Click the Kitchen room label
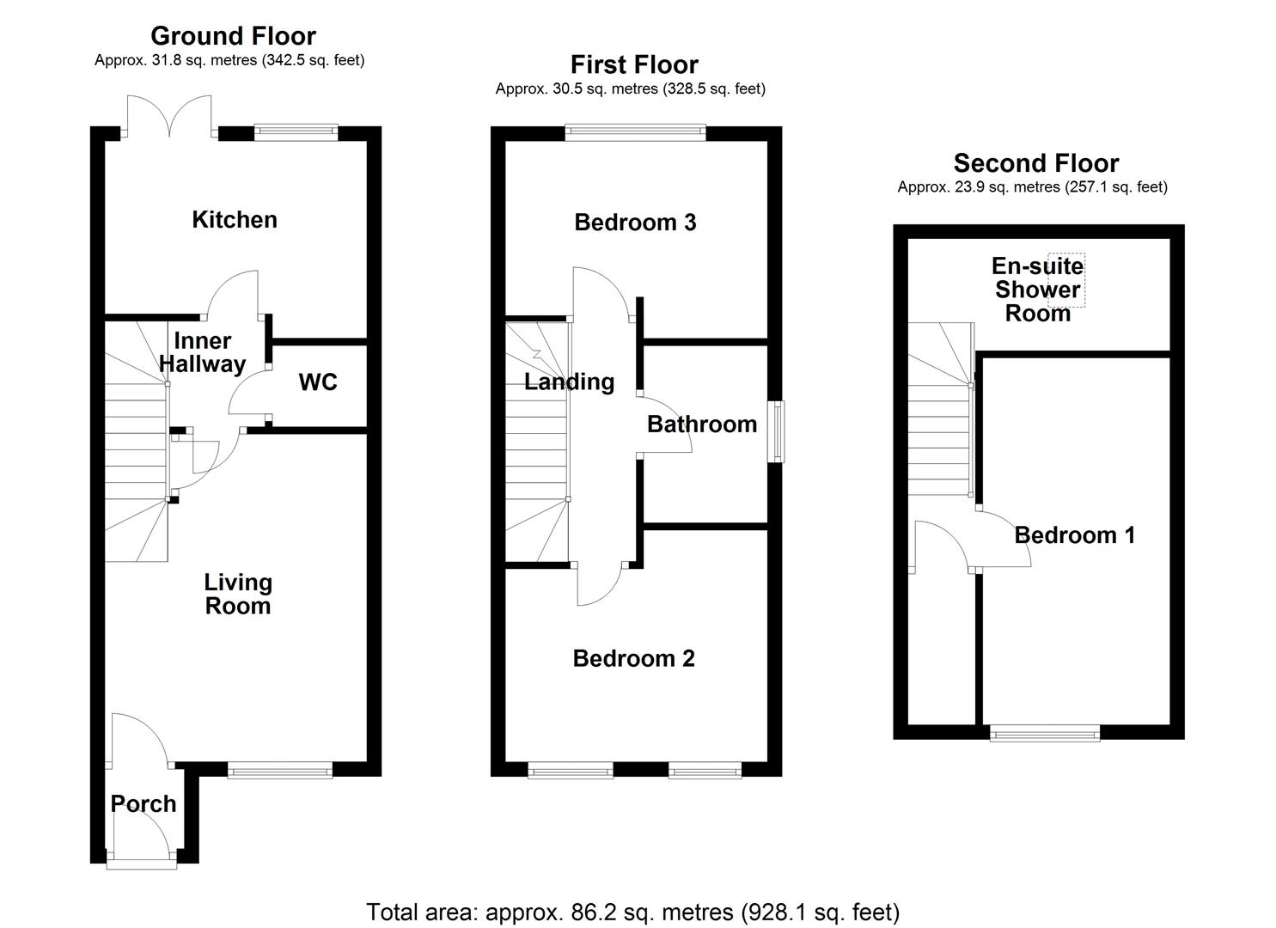click(235, 220)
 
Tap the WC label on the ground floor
click(318, 382)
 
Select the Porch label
click(143, 804)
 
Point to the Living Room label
click(237, 594)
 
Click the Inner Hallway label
click(203, 352)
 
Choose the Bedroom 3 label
click(635, 223)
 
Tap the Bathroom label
click(702, 424)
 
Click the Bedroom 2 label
click(634, 658)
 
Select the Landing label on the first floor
click(569, 382)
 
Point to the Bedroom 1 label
click(1075, 535)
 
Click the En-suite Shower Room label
click(1037, 290)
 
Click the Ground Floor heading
click(233, 36)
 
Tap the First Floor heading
click(634, 64)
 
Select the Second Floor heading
click(1036, 163)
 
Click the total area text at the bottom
click(633, 912)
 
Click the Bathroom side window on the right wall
click(776, 431)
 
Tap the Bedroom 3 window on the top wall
click(635, 132)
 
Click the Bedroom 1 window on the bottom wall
click(1045, 733)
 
